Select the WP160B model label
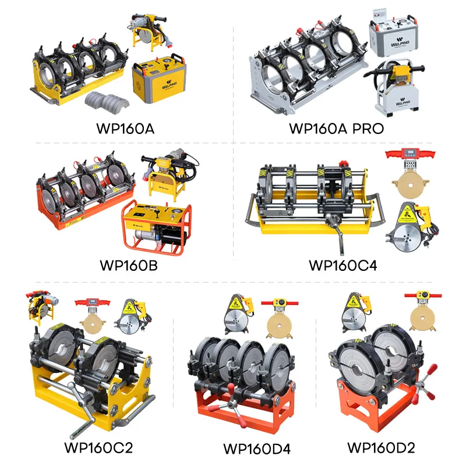[129, 266]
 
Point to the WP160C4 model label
[343, 266]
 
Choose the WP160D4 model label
[257, 449]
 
